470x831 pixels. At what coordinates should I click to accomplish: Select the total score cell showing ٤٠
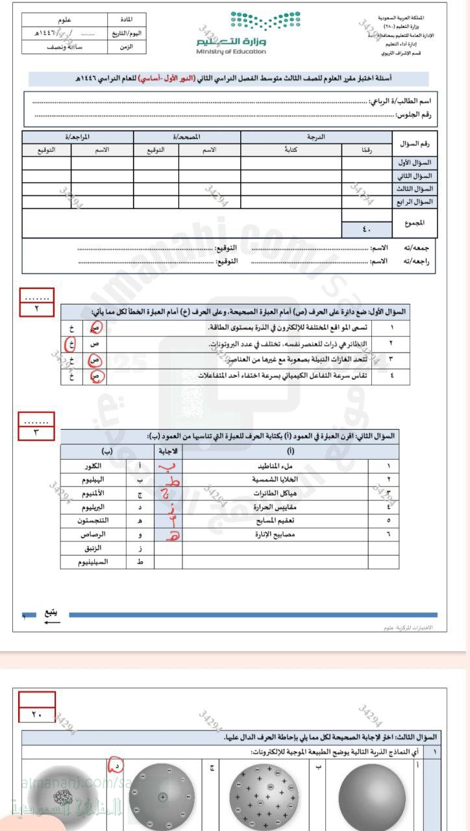[367, 229]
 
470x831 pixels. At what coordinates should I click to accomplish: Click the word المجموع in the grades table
[414, 222]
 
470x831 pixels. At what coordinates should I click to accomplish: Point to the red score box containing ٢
[36, 309]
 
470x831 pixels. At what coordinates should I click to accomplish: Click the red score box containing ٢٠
[36, 715]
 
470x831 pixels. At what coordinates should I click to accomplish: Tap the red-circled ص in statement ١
[96, 329]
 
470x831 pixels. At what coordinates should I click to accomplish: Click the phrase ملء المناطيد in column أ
[276, 466]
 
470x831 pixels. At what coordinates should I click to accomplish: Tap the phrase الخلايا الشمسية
[275, 480]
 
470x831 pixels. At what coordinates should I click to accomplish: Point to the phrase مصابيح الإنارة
[275, 534]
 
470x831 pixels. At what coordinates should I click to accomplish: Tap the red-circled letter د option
[116, 767]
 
